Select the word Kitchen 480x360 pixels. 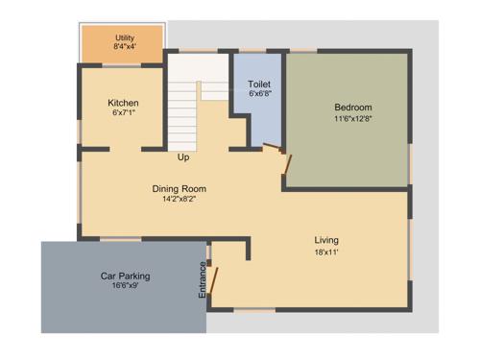[123, 103]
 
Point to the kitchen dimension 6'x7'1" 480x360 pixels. [123, 113]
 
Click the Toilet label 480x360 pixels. [259, 84]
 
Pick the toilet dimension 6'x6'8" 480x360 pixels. [259, 94]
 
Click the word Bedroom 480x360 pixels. [352, 107]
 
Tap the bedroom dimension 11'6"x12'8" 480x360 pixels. [352, 118]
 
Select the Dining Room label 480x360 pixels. [179, 189]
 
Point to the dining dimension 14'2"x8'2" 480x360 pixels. [179, 200]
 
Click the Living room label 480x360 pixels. [326, 240]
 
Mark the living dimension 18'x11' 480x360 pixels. [326, 252]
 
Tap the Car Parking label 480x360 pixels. [125, 276]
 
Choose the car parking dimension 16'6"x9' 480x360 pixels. [125, 286]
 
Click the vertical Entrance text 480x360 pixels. [203, 278]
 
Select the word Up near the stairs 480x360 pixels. [182, 157]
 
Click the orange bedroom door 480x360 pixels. [285, 160]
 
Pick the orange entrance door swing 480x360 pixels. [216, 281]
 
